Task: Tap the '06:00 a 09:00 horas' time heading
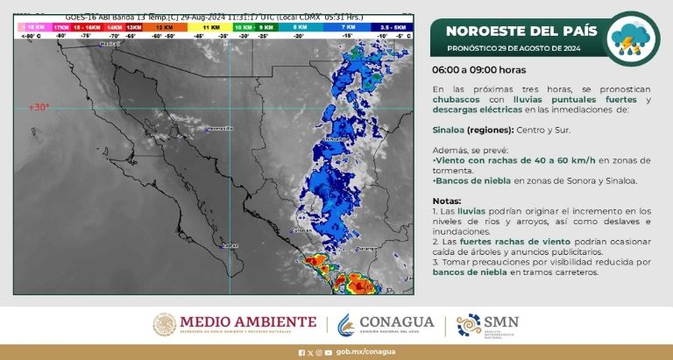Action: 478,69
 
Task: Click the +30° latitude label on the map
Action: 39,107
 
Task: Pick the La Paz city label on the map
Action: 230,246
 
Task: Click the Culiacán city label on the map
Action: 301,230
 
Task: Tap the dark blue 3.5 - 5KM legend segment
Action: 383,28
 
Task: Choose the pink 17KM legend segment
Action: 61,28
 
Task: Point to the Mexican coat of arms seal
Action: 165,325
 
